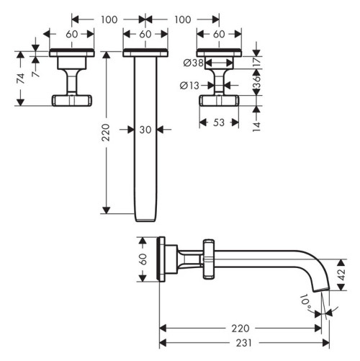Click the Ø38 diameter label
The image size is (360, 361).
192,63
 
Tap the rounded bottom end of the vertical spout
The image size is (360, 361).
145,218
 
